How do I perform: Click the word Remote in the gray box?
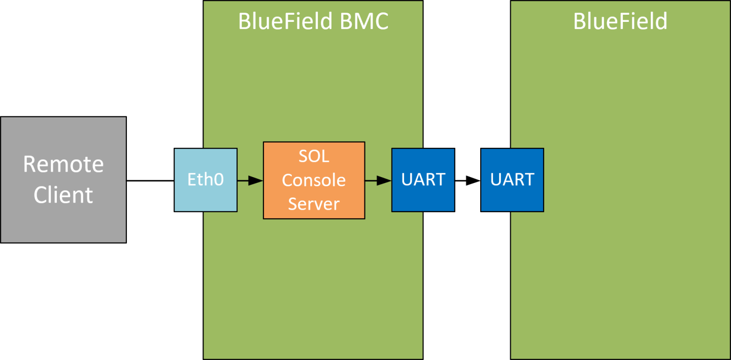pos(63,165)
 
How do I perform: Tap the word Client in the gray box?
pos(63,195)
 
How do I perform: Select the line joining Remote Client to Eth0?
pos(150,180)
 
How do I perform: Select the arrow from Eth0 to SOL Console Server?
pos(249,180)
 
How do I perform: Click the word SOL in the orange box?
pos(313,156)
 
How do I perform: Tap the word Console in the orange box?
pos(313,180)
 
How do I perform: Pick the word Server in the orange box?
pos(313,203)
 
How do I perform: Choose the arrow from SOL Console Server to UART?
pos(377,180)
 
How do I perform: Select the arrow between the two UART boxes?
pos(467,180)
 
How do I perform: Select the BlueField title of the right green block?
pos(620,21)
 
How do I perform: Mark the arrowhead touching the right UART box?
pos(474,180)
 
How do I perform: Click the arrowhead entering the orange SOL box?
pos(256,180)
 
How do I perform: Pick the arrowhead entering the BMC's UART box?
pos(385,180)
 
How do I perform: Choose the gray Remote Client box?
pos(63,223)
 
